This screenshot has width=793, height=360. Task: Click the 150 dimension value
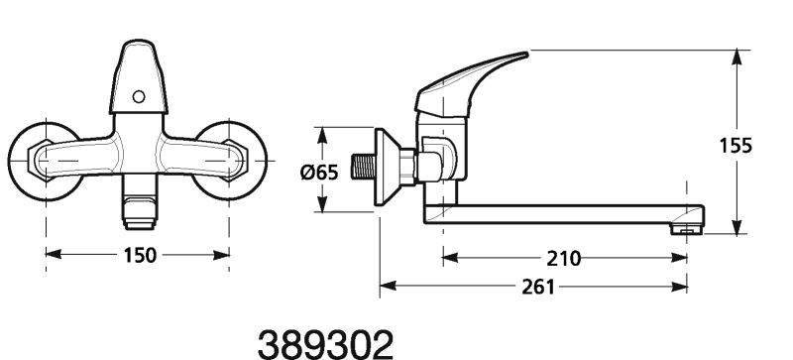click(x=140, y=255)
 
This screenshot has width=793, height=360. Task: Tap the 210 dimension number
click(x=564, y=259)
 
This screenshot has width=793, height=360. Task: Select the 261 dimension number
click(x=538, y=287)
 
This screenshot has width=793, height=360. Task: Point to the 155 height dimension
click(x=736, y=146)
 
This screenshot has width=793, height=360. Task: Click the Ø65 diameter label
click(x=318, y=173)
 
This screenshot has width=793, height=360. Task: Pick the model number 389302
click(x=326, y=345)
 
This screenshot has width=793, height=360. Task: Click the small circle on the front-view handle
click(x=138, y=96)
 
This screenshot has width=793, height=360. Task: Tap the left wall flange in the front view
click(x=45, y=161)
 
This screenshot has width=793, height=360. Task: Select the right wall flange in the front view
click(x=230, y=161)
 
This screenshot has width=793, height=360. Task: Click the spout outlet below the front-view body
click(x=139, y=202)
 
